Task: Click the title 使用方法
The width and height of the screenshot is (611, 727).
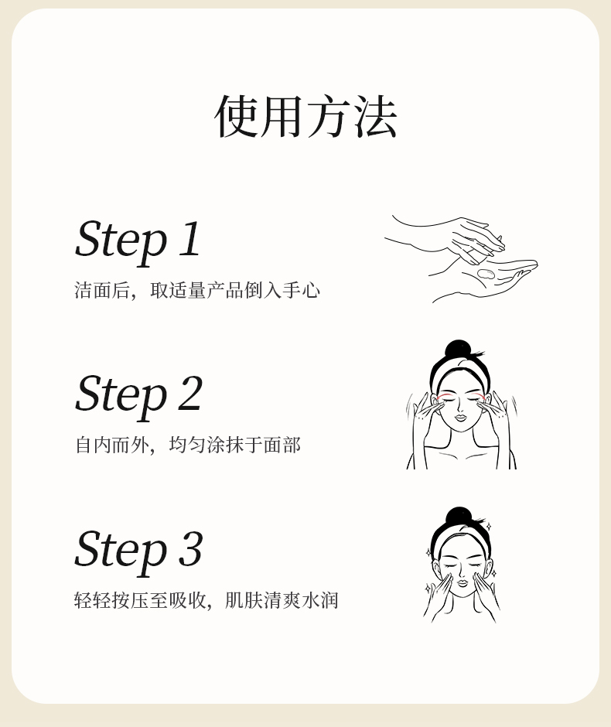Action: (305, 116)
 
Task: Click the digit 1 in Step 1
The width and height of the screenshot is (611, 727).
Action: (190, 238)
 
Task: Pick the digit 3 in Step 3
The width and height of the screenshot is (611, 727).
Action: (191, 549)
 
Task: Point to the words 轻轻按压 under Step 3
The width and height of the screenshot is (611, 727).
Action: (111, 600)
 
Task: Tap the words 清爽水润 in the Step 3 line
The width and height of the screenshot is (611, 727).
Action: (301, 600)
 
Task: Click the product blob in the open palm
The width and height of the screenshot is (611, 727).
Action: (486, 274)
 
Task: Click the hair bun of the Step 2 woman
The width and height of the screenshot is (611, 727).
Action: (458, 350)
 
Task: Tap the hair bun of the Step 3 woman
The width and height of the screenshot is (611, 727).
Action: (458, 517)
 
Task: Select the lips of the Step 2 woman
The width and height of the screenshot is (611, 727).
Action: (460, 417)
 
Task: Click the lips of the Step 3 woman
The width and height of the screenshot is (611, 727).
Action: (462, 582)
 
